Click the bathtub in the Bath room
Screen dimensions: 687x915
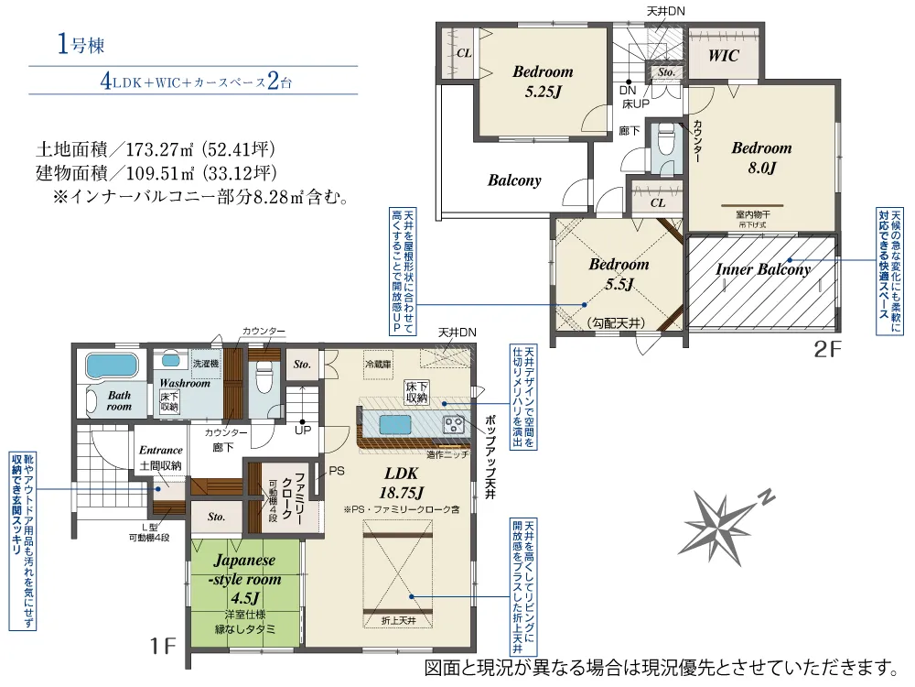pyautogui.click(x=111, y=366)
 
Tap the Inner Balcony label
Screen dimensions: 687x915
pyautogui.click(x=762, y=269)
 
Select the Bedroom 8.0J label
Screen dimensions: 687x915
pyautogui.click(x=761, y=158)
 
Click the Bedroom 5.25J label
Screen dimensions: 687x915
pyautogui.click(x=542, y=81)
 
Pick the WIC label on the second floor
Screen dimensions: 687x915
pyautogui.click(x=723, y=55)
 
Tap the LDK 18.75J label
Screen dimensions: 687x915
pyautogui.click(x=400, y=482)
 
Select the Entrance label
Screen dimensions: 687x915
pyautogui.click(x=161, y=450)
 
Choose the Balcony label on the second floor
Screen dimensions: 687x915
pyautogui.click(x=514, y=180)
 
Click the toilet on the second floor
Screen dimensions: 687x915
pyautogui.click(x=665, y=141)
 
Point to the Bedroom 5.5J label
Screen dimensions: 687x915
pyautogui.click(x=619, y=274)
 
